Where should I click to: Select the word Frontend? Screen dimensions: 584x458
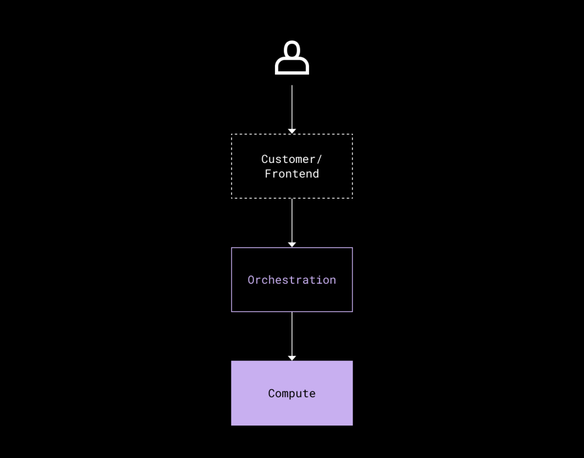point(292,174)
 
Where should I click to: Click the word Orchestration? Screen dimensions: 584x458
point(292,280)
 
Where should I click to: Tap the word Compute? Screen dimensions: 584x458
point(292,394)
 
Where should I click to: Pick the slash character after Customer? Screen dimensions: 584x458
point(319,160)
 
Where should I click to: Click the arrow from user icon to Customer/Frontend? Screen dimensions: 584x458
point(292,109)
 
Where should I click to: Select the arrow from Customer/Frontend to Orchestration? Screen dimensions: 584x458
point(292,223)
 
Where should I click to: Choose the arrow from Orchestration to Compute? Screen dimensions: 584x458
point(292,336)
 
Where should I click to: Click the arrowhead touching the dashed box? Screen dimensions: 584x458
point(292,132)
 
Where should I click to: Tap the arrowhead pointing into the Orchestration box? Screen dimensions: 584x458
point(292,245)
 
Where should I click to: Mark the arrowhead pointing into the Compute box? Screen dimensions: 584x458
point(292,358)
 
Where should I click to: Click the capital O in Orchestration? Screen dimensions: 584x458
point(251,280)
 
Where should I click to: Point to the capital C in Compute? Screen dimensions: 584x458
point(271,393)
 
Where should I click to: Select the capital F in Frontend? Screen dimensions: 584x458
point(268,174)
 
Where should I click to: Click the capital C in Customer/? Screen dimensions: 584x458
point(265,160)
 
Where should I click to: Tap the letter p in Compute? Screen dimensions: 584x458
point(292,395)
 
